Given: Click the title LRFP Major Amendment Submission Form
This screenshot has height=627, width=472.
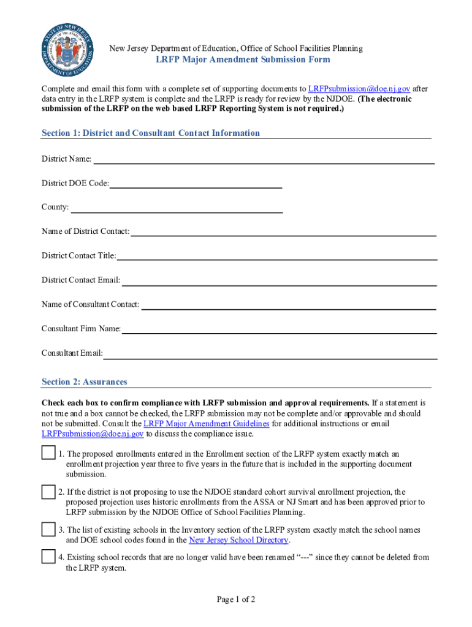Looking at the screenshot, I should click(x=242, y=59).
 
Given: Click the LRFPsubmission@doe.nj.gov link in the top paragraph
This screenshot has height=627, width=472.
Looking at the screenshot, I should click(x=359, y=89).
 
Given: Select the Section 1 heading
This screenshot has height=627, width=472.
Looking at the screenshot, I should click(x=151, y=133).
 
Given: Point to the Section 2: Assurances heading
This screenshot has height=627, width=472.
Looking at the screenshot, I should click(x=85, y=382).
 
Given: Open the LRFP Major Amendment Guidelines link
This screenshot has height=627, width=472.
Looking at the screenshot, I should click(x=207, y=424).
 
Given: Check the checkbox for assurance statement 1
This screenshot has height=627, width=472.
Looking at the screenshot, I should click(x=48, y=453).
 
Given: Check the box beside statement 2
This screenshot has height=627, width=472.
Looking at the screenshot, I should click(x=48, y=491).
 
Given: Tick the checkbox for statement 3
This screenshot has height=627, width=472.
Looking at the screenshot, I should click(x=48, y=529).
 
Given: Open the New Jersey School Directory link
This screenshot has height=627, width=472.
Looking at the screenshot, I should click(x=238, y=540).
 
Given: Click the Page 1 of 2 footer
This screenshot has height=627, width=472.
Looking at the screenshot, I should click(x=236, y=599).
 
